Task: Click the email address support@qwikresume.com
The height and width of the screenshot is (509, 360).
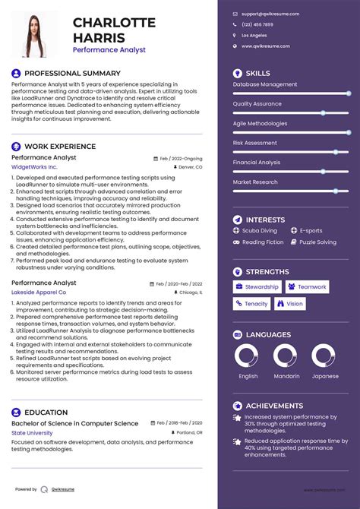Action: (270, 14)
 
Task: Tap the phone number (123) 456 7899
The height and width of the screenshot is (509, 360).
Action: (257, 24)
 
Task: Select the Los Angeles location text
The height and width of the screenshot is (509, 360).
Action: (254, 35)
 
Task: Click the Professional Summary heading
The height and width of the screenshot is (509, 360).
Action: (62, 73)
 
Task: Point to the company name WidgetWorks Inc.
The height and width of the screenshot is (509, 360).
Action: (34, 166)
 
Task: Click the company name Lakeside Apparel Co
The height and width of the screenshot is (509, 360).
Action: (39, 292)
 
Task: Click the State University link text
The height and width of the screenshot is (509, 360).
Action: (32, 432)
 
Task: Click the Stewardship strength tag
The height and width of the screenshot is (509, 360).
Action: (257, 287)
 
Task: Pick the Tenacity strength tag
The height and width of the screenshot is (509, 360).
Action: (251, 304)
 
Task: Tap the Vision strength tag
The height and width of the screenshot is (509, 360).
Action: (291, 304)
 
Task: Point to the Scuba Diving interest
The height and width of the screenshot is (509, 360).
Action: (259, 231)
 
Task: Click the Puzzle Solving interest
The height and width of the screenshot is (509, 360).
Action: (317, 242)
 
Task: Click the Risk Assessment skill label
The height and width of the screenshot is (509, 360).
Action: (255, 142)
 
